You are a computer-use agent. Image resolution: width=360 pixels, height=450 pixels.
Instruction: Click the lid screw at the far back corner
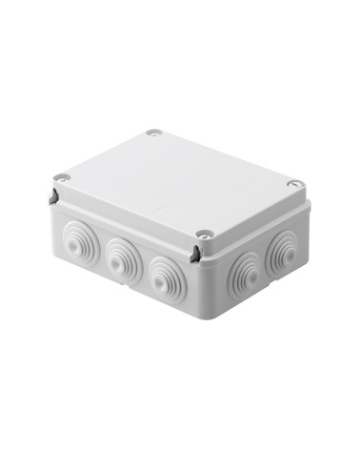152,133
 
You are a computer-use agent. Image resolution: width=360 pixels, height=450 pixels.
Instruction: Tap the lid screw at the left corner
62,176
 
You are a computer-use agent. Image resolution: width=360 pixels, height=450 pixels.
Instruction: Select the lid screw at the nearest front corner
204,234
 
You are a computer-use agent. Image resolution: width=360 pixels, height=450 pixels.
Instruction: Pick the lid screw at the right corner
295,182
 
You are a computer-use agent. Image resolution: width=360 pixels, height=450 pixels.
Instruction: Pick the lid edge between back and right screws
226,156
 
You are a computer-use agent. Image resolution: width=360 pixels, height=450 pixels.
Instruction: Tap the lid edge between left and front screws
131,204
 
